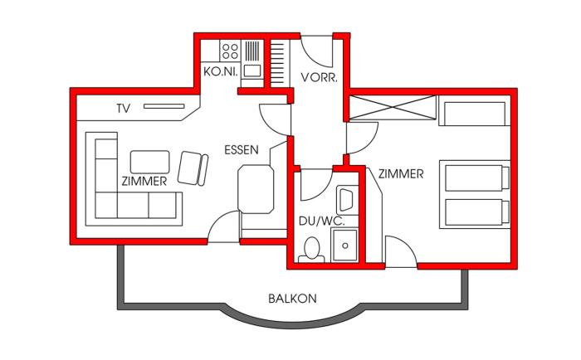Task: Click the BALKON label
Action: click(292, 299)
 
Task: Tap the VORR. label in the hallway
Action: click(319, 77)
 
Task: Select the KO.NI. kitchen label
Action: click(221, 71)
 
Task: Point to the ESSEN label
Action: click(242, 150)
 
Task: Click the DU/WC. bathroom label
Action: click(322, 221)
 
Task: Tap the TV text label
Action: click(124, 109)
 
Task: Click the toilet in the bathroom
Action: click(311, 251)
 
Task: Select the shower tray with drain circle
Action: click(345, 246)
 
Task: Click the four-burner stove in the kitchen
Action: click(230, 51)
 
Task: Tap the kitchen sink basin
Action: click(252, 71)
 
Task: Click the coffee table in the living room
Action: click(150, 162)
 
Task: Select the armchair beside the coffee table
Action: click(193, 168)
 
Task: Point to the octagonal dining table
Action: click(256, 189)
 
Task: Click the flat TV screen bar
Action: click(164, 106)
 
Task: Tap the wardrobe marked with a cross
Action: click(393, 107)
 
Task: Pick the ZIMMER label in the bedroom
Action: click(401, 174)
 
